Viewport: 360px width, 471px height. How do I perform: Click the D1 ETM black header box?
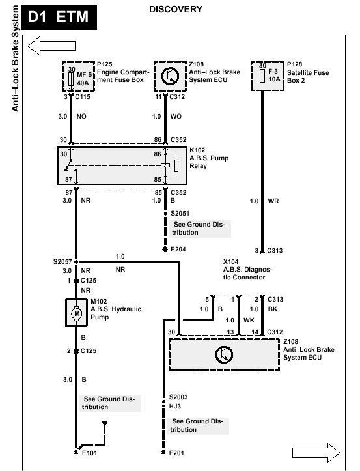(59, 17)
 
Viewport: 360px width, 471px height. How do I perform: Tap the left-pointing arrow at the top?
(51, 46)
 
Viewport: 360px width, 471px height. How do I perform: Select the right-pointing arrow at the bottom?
(316, 452)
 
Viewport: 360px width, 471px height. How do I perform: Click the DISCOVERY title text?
(176, 9)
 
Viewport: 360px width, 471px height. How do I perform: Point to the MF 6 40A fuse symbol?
(71, 79)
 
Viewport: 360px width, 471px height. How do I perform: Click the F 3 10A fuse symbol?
(262, 76)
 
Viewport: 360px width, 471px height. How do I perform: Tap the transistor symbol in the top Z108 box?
(170, 76)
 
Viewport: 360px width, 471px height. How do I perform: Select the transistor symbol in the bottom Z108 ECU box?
(225, 354)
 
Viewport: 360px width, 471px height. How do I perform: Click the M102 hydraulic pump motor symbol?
(77, 313)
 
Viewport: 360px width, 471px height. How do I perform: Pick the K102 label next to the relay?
(197, 150)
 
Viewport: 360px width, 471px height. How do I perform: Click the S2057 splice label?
(62, 262)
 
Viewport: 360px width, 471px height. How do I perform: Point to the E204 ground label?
(178, 249)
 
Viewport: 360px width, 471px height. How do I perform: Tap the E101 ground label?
(89, 453)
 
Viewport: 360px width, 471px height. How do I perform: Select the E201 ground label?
(176, 453)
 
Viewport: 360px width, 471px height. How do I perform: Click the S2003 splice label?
(178, 397)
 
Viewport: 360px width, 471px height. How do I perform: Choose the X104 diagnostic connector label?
(230, 262)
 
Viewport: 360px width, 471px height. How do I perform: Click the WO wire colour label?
(176, 116)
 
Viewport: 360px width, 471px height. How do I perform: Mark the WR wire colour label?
(273, 201)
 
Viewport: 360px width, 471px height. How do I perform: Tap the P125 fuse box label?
(105, 64)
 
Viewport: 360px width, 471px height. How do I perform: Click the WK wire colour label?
(249, 321)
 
